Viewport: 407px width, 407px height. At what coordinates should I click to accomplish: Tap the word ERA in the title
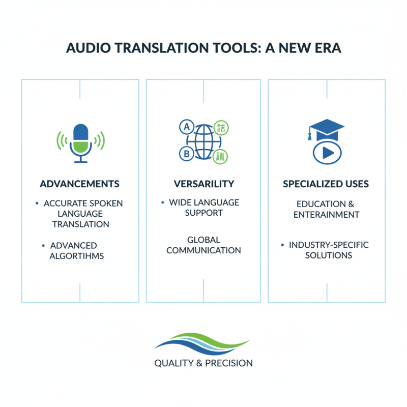[328, 49]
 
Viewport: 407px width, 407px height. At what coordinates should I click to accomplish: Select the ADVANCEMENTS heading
[80, 184]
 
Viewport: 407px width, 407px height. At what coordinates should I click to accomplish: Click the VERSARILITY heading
[203, 184]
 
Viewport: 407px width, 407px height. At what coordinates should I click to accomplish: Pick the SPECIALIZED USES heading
[326, 184]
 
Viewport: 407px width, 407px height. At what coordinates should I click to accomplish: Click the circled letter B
[186, 153]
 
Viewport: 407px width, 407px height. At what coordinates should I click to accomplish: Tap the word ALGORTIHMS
[77, 256]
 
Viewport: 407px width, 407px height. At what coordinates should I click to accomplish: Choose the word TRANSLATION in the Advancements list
[80, 224]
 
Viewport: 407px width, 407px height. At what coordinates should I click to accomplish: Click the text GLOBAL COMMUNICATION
[203, 245]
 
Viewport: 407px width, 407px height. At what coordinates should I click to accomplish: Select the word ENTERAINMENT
[326, 214]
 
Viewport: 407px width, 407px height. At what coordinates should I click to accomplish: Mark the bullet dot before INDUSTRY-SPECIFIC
[282, 245]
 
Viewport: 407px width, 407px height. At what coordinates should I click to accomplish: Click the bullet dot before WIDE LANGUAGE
[163, 202]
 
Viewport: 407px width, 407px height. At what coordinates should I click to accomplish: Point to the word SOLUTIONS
[329, 255]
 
